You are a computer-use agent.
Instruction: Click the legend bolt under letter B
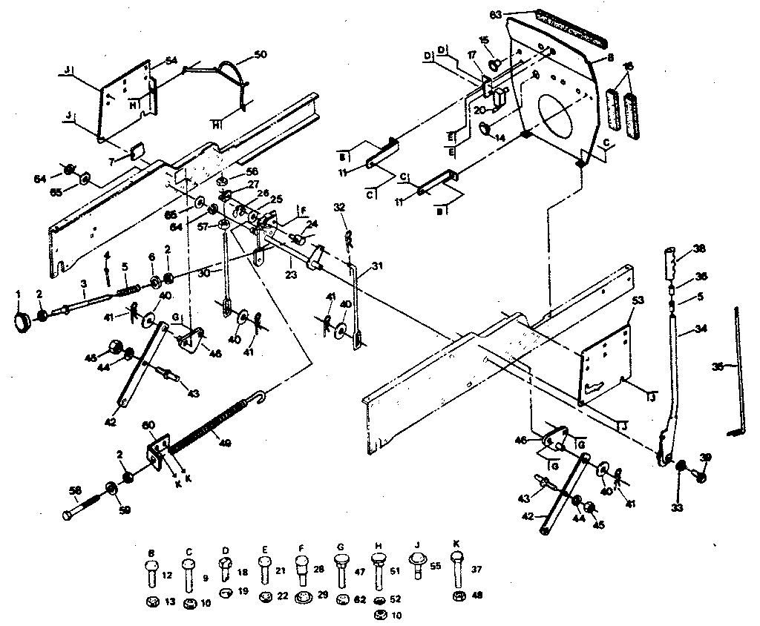[x=151, y=572]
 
